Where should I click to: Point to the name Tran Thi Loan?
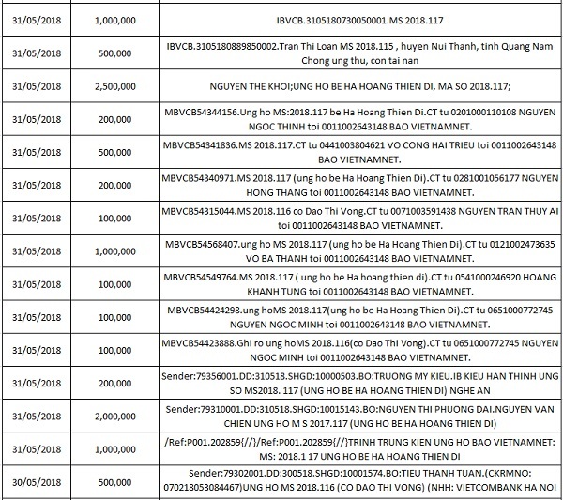click(x=286, y=46)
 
